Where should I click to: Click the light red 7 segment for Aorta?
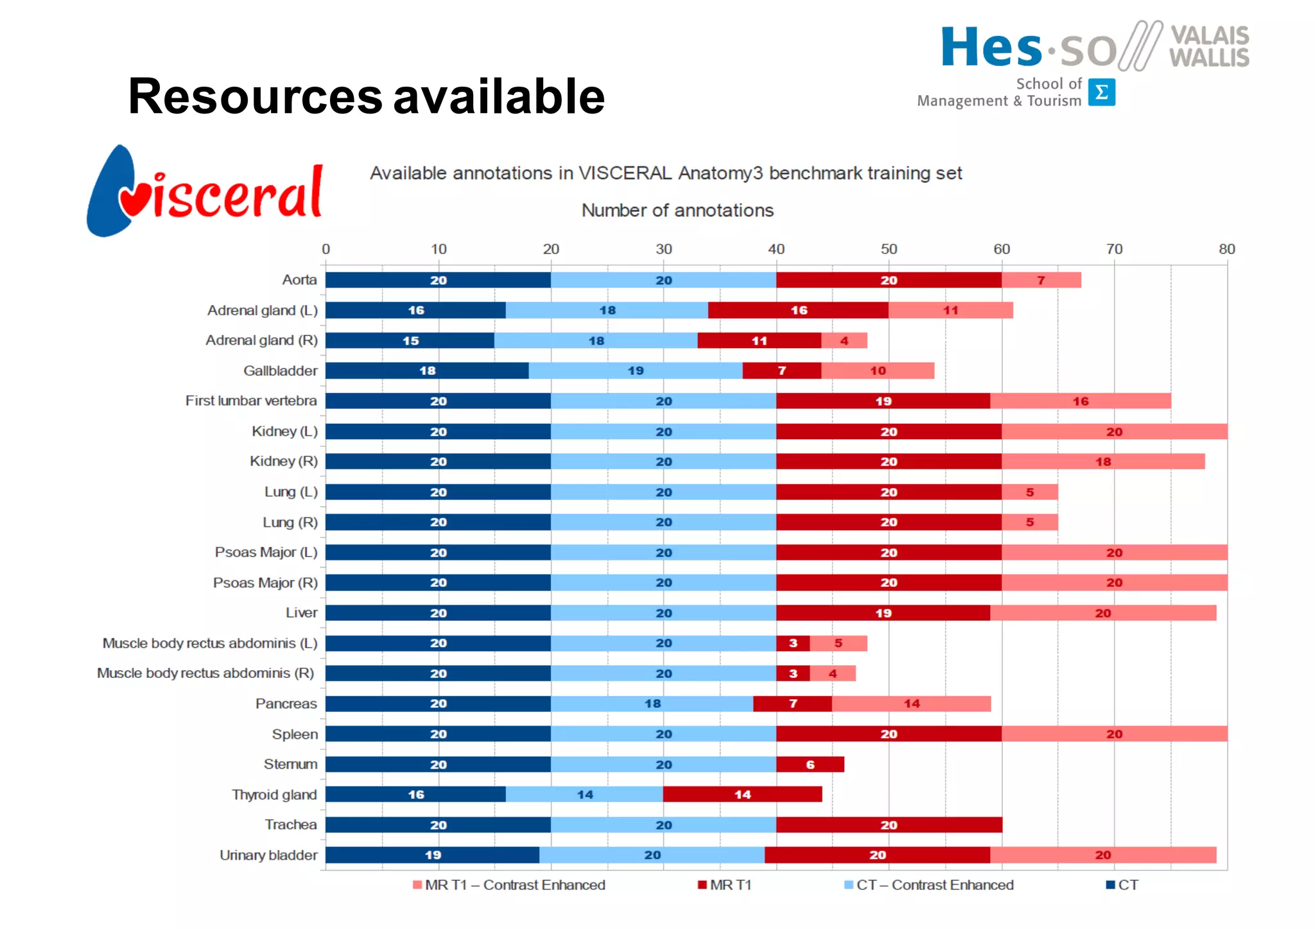click(1041, 280)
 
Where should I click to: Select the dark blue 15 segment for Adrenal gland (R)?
click(410, 340)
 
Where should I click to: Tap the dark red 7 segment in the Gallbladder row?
click(781, 370)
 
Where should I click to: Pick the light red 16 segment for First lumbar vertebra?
click(1080, 401)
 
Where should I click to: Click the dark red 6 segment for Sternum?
click(810, 764)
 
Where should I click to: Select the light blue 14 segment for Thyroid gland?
click(584, 794)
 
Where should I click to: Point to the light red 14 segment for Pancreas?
click(911, 704)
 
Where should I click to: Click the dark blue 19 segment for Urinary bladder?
click(432, 855)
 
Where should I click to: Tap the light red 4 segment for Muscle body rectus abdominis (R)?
click(832, 673)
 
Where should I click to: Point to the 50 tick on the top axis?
click(889, 249)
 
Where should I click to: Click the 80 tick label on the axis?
click(1226, 249)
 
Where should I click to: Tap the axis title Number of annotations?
click(677, 211)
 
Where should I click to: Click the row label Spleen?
click(295, 734)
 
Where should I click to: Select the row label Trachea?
click(291, 824)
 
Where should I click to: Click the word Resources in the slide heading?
click(255, 96)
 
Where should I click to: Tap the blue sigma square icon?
click(1102, 92)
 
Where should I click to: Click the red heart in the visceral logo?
click(134, 200)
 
